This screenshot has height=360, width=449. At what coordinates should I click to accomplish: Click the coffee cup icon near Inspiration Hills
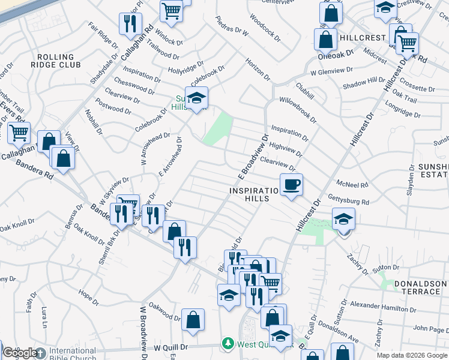point(291,184)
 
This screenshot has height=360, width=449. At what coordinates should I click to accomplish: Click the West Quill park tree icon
point(228,343)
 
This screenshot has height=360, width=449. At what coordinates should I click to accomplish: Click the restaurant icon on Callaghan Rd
point(128,23)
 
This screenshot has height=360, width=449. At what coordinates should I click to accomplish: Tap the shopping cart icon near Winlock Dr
point(172,10)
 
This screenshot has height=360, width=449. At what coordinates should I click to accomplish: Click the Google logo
point(20,353)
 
